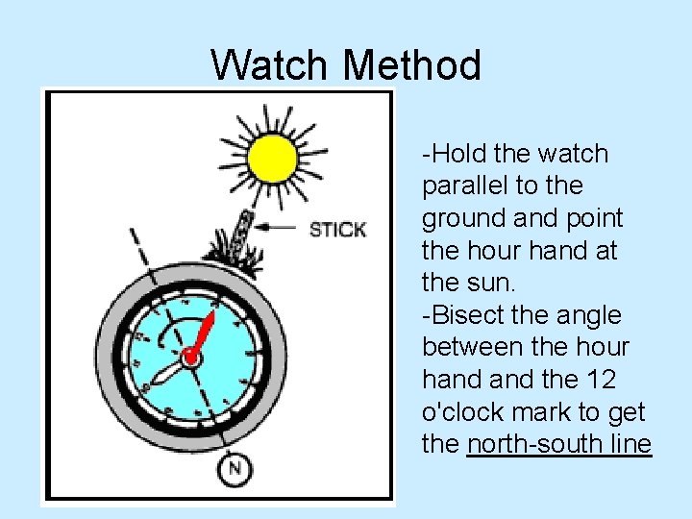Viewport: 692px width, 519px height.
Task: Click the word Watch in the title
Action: click(x=270, y=66)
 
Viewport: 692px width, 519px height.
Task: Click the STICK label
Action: click(x=337, y=230)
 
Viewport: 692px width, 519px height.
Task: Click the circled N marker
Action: click(x=233, y=469)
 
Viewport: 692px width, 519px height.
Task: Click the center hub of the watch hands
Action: click(x=190, y=358)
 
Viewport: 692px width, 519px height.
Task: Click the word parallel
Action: click(x=468, y=185)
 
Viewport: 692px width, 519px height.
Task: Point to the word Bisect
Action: click(x=473, y=315)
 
